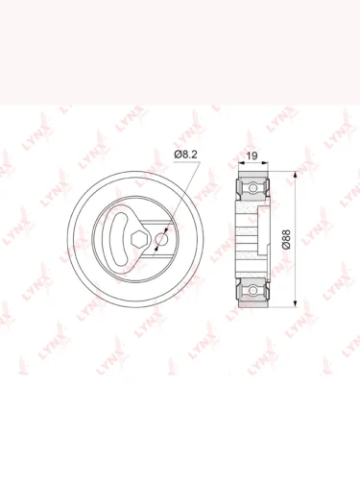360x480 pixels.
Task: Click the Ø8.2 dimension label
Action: pyautogui.click(x=185, y=155)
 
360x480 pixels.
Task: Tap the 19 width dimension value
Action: pyautogui.click(x=252, y=156)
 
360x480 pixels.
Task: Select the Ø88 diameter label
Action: pyautogui.click(x=286, y=239)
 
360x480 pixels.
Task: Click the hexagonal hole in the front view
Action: pyautogui.click(x=139, y=239)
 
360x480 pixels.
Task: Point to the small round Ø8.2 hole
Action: pyautogui.click(x=161, y=239)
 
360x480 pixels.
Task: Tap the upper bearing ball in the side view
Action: pyautogui.click(x=252, y=187)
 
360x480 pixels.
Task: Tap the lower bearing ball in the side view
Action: pyautogui.click(x=252, y=291)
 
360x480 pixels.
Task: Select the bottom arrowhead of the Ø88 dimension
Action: pyautogui.click(x=295, y=303)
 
